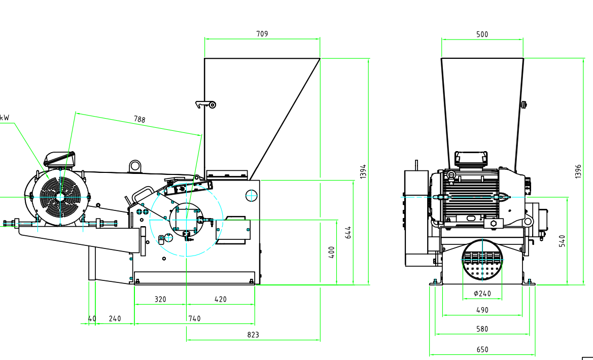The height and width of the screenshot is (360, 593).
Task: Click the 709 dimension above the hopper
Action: [x=262, y=34]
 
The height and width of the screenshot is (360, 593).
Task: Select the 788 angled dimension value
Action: [x=139, y=120]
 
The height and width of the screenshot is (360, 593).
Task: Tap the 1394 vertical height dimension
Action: [x=363, y=171]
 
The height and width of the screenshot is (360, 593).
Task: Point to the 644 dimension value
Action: [x=348, y=232]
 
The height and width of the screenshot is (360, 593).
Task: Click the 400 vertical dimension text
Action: [x=332, y=252]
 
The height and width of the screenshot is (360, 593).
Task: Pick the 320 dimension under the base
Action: [x=160, y=299]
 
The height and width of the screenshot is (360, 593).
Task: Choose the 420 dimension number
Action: [x=221, y=299]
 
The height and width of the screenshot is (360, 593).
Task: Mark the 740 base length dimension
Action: [x=194, y=318]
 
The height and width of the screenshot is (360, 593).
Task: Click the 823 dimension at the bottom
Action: [x=253, y=335]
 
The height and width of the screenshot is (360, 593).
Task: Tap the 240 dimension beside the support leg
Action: [x=115, y=318]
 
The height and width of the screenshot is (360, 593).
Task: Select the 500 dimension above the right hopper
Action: [x=482, y=34]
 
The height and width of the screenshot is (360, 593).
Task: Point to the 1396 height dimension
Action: [x=578, y=171]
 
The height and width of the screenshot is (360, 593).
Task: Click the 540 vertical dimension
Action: [x=562, y=240]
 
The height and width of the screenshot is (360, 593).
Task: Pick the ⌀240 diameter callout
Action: [x=482, y=293]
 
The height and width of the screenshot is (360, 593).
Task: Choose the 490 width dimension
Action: [x=482, y=310]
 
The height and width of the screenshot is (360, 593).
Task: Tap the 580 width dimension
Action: [x=482, y=329]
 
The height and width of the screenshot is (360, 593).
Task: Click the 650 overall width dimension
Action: [x=482, y=349]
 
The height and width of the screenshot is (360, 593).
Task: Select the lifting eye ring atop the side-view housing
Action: [x=135, y=165]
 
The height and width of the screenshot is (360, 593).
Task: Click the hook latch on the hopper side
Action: [x=206, y=104]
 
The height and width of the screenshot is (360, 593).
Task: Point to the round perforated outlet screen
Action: [x=482, y=260]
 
